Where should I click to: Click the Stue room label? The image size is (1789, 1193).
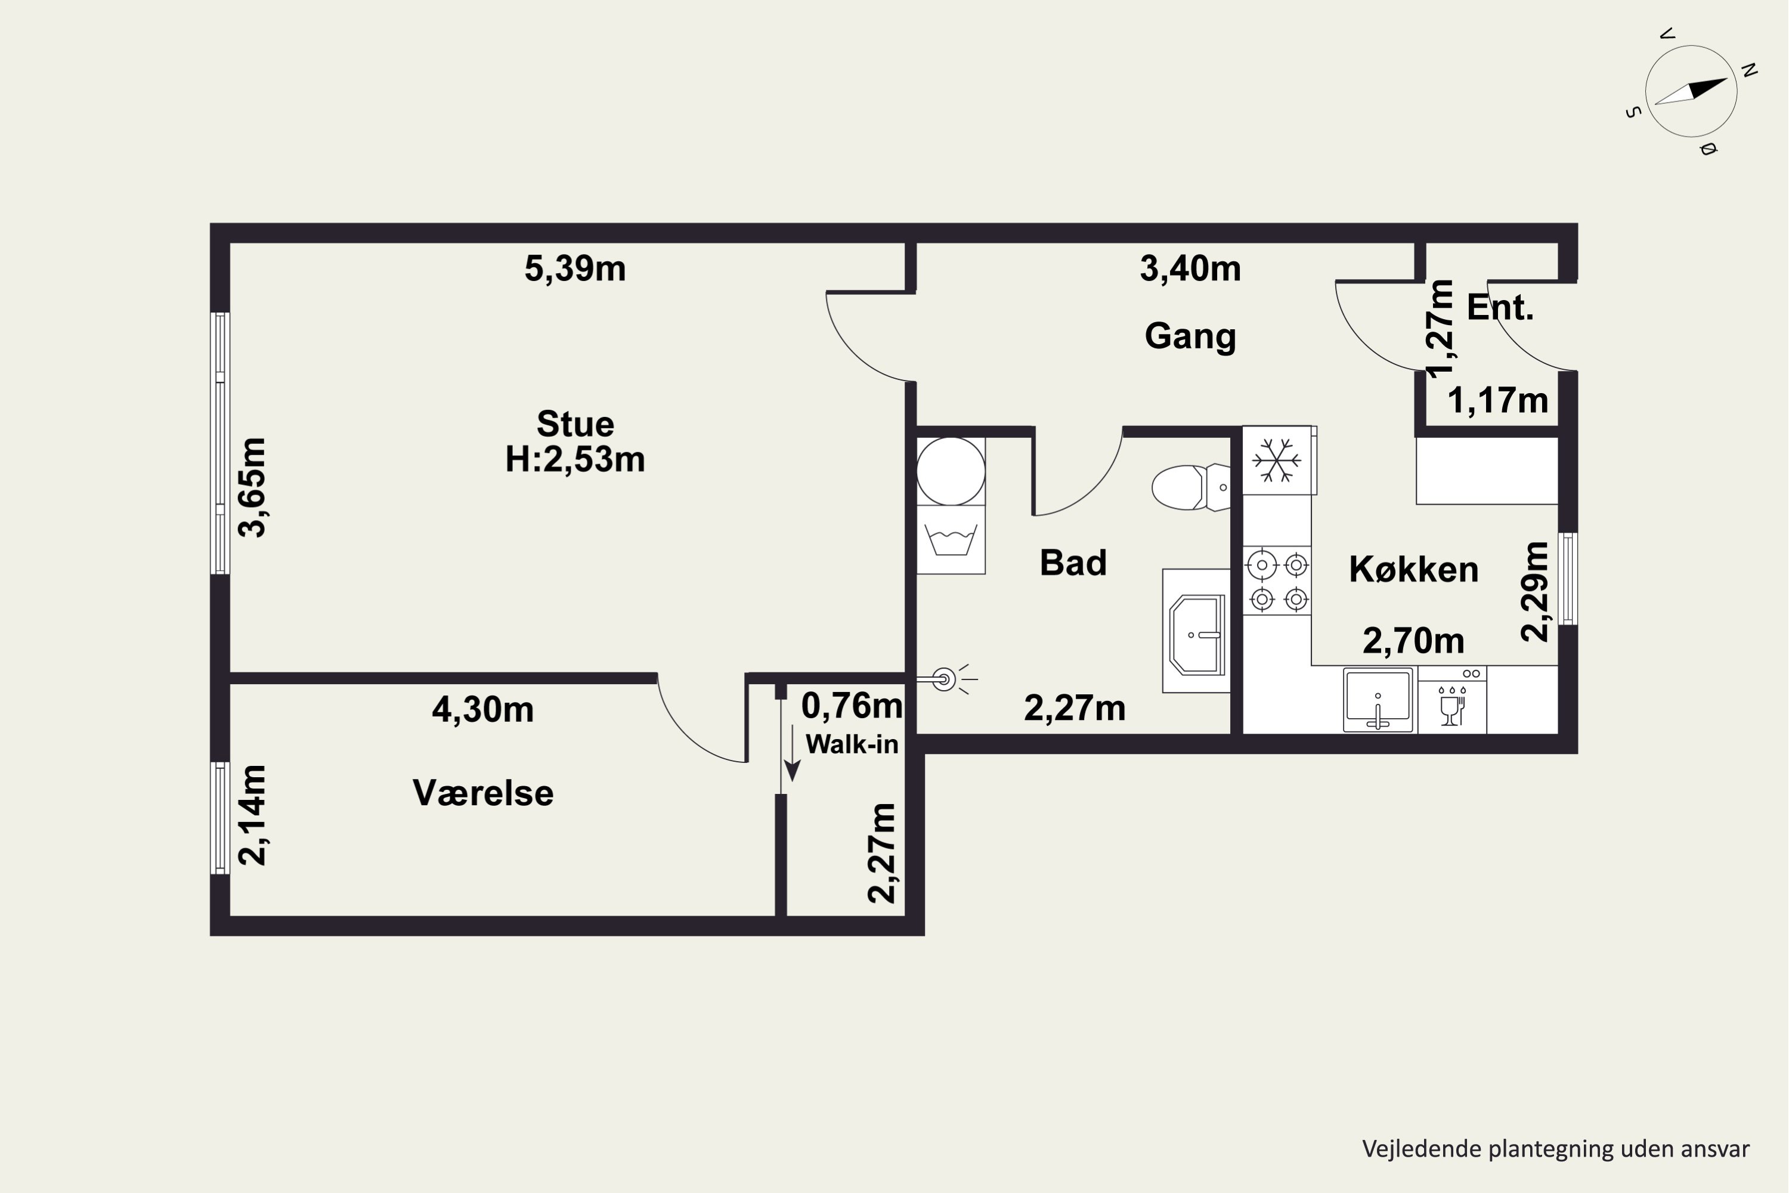[575, 424]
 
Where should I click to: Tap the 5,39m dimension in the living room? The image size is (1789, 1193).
[575, 268]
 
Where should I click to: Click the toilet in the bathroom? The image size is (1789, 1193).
[1190, 487]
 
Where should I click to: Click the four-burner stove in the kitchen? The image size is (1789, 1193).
[1278, 581]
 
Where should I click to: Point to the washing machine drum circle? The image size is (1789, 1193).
[951, 471]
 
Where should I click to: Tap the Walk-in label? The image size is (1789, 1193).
[852, 744]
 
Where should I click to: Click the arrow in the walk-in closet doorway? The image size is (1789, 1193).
[793, 753]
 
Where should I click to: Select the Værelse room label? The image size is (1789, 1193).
[483, 793]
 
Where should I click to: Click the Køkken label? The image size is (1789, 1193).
[1414, 569]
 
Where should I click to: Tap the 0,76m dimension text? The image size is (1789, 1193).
[852, 706]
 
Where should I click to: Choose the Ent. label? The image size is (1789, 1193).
[1500, 307]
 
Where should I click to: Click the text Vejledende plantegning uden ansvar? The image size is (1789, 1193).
[1555, 1149]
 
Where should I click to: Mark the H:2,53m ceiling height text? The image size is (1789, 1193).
[575, 459]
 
